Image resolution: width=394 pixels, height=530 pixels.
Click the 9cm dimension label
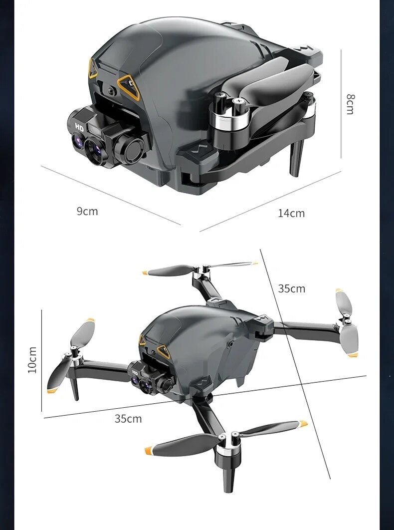tap(87, 211)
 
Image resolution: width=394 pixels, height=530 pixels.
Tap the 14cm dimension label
tap(291, 213)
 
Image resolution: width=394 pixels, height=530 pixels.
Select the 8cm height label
tap(351, 104)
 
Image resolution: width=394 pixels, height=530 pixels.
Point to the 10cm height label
tap(32, 360)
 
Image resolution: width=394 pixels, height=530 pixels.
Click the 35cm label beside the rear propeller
tap(292, 288)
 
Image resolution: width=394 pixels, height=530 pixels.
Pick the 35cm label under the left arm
tap(128, 419)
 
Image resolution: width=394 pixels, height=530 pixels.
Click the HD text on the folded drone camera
tap(79, 127)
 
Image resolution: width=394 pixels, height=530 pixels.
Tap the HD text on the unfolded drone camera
tap(135, 372)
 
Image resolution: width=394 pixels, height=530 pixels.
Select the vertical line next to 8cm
tap(341, 104)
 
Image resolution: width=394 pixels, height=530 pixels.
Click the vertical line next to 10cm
tap(41, 361)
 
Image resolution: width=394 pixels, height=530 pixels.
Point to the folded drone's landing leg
tap(296, 157)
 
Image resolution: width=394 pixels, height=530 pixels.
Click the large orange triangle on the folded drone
tap(129, 87)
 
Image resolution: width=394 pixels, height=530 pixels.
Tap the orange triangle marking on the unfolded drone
tap(164, 351)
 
